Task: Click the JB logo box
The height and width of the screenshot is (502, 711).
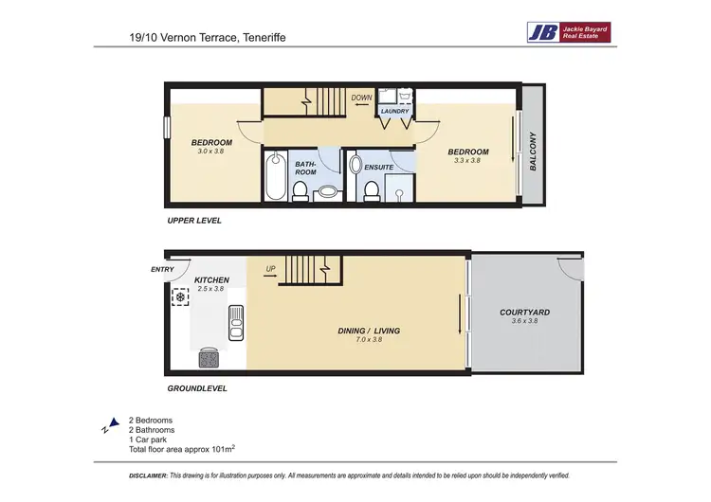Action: point(542,32)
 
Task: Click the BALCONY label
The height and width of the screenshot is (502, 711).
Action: point(533,152)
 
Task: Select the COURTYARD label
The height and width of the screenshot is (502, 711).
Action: point(524,312)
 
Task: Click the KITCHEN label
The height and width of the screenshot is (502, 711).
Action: point(211,281)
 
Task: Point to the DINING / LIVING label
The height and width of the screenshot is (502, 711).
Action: point(369,331)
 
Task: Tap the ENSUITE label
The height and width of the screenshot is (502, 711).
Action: point(379,168)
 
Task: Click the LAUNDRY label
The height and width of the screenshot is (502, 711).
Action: point(394,112)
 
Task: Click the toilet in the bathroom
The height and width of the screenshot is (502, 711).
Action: point(300,191)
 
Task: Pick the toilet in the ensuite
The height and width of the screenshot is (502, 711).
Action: point(372,191)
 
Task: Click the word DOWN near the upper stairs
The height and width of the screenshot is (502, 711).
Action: point(360,97)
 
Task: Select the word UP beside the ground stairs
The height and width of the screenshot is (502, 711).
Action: point(270,269)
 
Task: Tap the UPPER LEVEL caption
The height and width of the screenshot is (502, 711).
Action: point(194,221)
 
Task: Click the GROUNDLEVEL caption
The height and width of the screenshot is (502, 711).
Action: point(196,388)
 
